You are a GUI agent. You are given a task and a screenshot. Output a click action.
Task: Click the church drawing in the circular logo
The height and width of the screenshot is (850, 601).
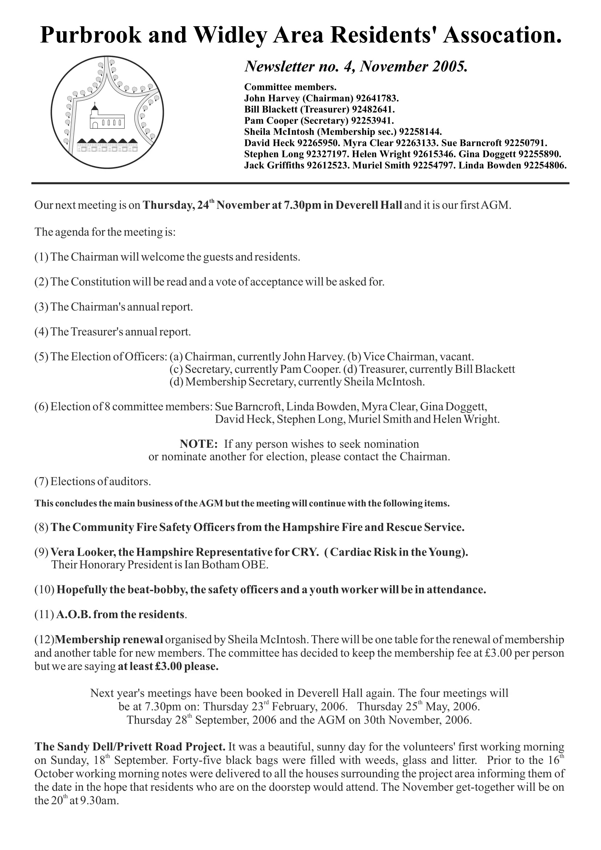pyautogui.click(x=106, y=118)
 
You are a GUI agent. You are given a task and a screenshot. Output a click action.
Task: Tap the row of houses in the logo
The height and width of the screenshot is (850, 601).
pyautogui.click(x=107, y=145)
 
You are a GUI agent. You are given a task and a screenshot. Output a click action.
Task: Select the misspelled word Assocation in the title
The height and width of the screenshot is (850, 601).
pyautogui.click(x=502, y=35)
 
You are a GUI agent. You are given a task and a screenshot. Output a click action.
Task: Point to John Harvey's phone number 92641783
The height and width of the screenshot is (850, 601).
pyautogui.click(x=377, y=98)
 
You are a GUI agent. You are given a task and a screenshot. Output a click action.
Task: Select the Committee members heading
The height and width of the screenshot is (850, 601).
pyautogui.click(x=290, y=87)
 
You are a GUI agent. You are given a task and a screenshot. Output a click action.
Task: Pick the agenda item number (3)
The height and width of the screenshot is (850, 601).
pyautogui.click(x=41, y=307)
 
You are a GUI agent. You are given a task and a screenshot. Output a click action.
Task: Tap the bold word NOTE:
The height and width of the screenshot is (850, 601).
pyautogui.click(x=198, y=444)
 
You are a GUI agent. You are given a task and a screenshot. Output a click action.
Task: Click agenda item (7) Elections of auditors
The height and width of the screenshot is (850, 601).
pyautogui.click(x=93, y=481)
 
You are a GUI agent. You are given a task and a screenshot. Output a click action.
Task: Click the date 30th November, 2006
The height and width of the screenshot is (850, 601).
pyautogui.click(x=416, y=720)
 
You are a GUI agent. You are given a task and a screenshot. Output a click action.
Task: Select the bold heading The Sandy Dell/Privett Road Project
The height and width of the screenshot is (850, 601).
pyautogui.click(x=129, y=747)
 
